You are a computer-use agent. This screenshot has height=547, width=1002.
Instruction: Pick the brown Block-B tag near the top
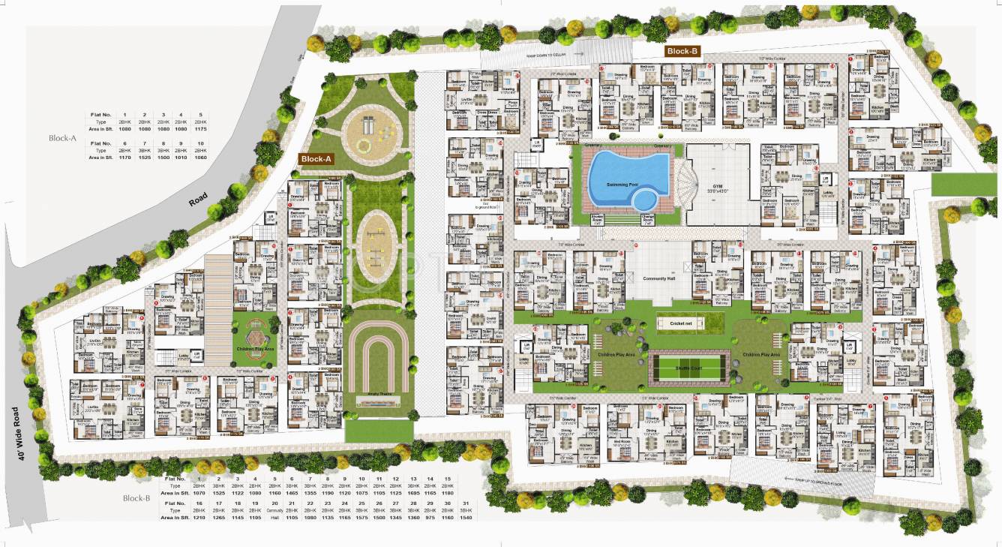682,51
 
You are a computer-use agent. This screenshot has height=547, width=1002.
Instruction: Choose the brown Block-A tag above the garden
316,159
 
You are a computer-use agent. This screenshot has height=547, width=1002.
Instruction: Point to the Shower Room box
598,219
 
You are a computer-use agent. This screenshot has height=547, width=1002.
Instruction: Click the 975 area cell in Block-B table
431,518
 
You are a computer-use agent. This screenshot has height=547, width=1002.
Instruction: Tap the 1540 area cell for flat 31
466,518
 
